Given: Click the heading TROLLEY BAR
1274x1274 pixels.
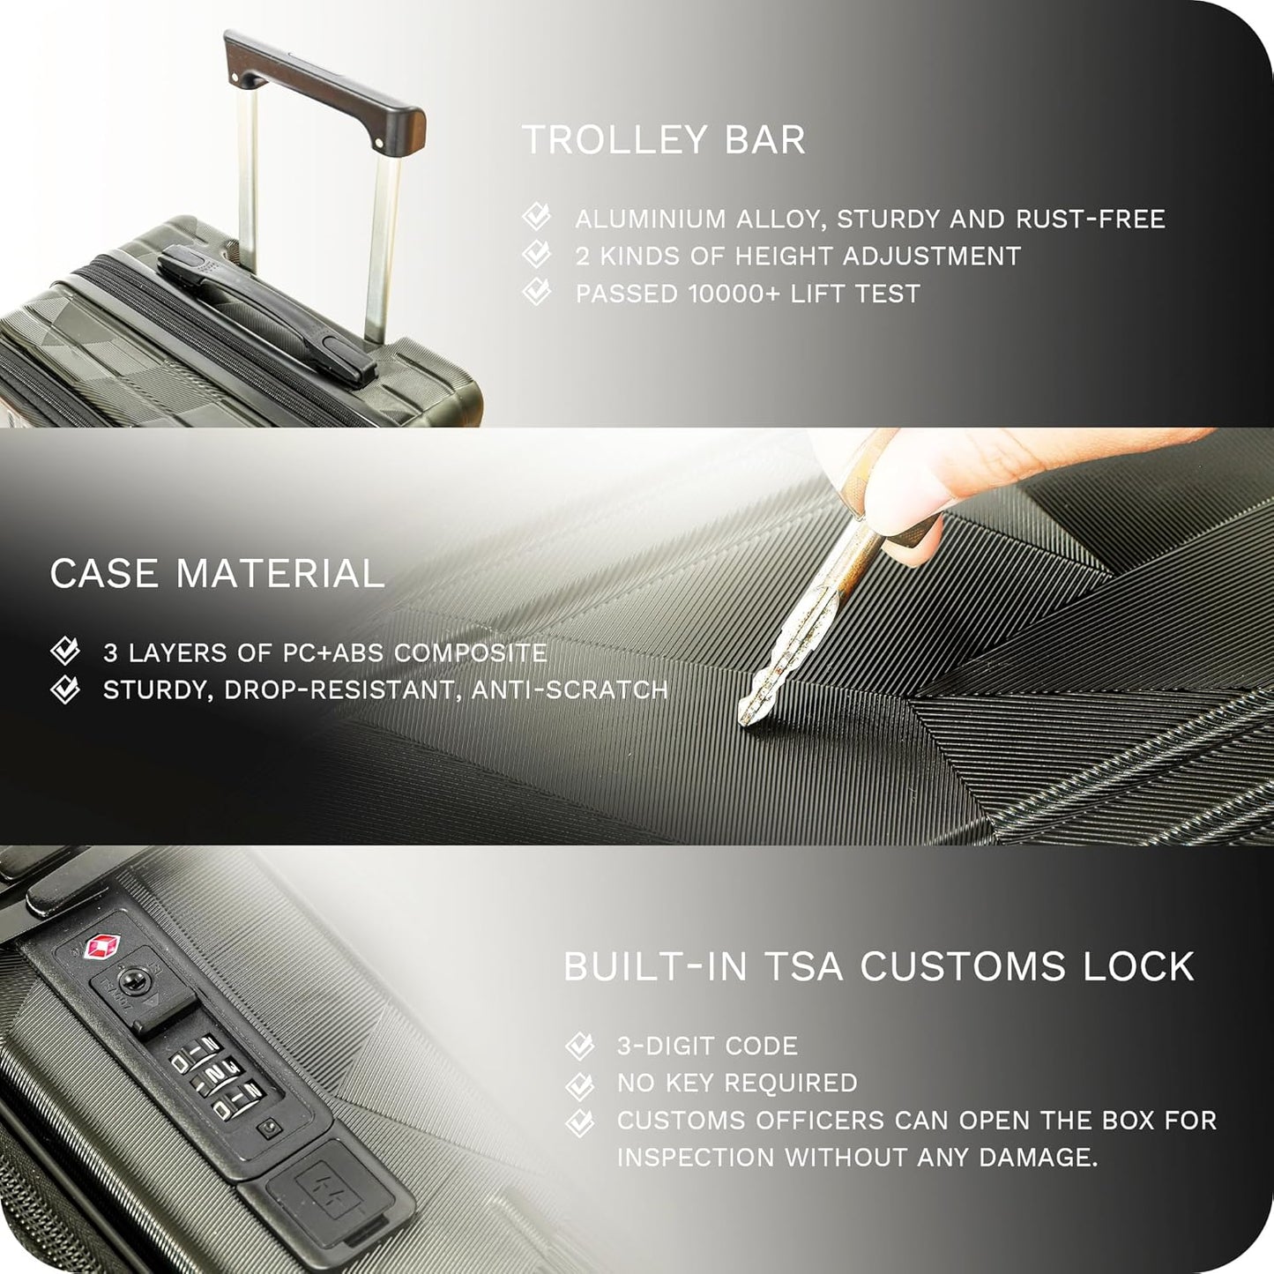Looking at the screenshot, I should [x=663, y=140].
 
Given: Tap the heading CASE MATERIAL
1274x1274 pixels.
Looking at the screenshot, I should [x=217, y=574].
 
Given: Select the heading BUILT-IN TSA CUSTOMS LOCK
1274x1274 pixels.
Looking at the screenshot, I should [x=878, y=966].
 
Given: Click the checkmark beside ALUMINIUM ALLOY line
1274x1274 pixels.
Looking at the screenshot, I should [x=536, y=217].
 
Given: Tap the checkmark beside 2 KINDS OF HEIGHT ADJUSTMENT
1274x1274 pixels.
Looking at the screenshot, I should [x=536, y=255].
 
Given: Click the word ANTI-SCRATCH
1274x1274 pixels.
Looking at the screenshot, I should [x=569, y=689].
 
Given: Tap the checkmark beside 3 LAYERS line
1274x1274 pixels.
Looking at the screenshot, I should [x=65, y=652].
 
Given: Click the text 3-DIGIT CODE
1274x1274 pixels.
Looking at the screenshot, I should [x=707, y=1046].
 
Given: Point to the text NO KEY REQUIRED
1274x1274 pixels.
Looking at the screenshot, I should [x=737, y=1083].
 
